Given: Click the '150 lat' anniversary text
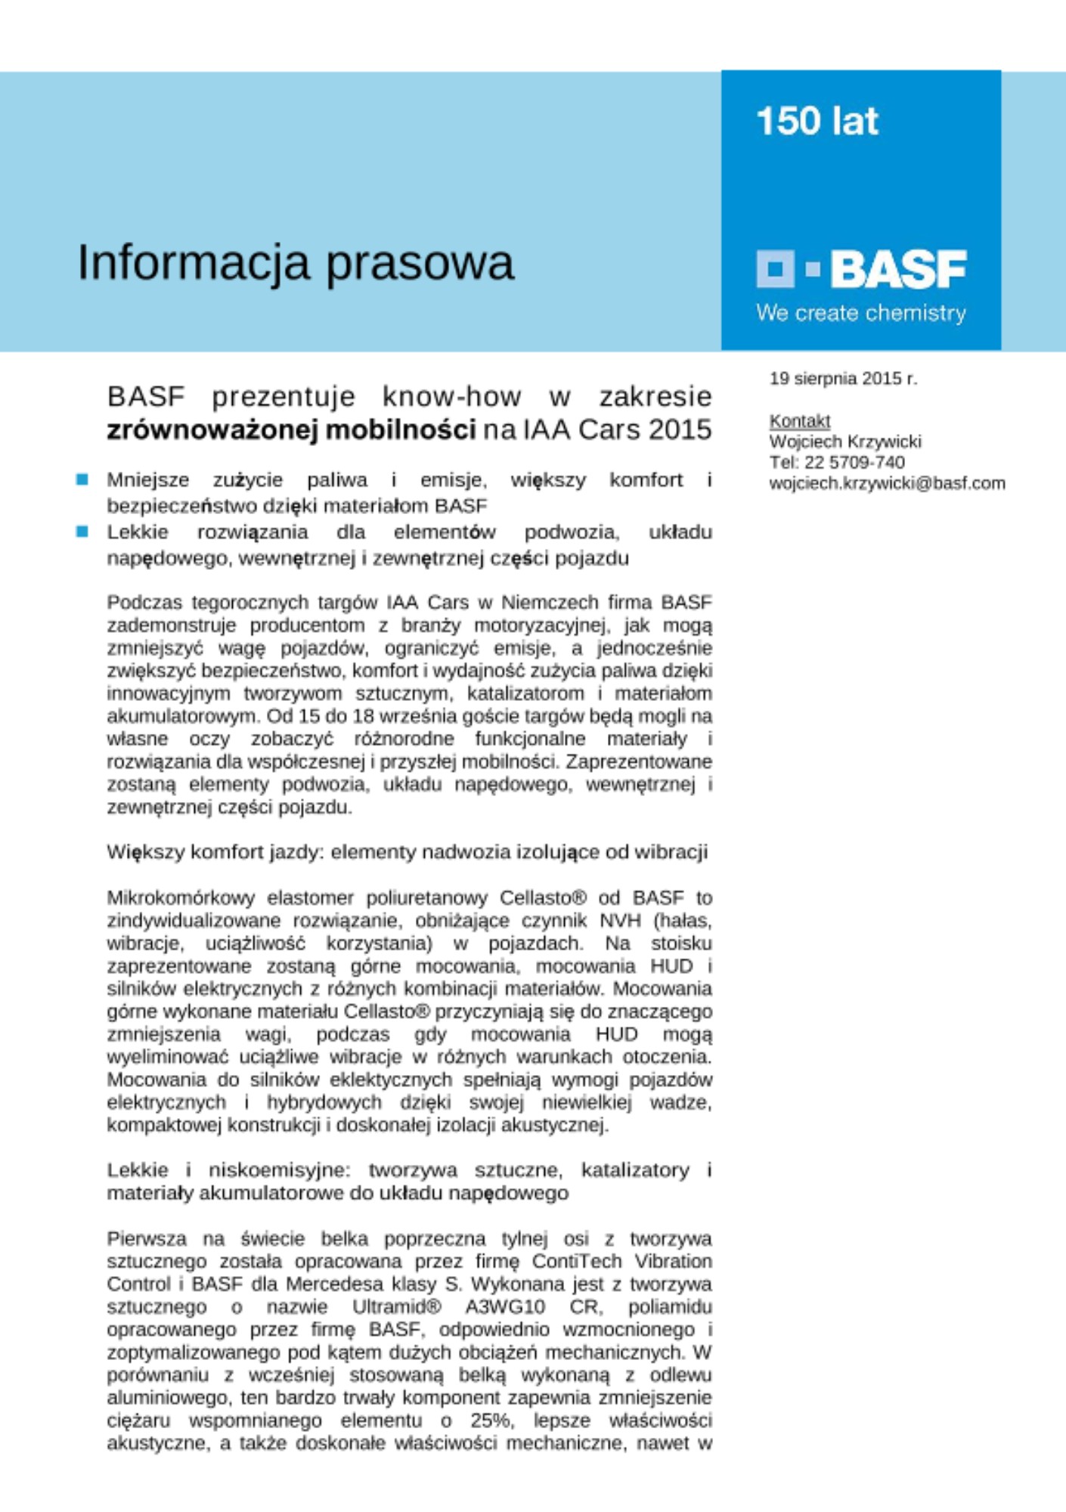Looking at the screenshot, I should point(817,121).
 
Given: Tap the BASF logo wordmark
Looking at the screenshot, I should point(898,269).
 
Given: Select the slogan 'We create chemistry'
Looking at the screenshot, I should point(860,313).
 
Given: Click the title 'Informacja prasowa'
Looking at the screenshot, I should point(296,263).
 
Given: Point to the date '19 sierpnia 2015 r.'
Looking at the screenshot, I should point(843,379).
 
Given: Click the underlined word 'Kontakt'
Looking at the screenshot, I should point(799,421).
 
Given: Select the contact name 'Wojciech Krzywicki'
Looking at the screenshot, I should point(844,442).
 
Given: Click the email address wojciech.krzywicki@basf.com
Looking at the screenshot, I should point(887,483).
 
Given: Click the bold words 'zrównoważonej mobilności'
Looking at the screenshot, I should point(291,429).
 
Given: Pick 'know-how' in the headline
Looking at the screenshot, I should point(451,396).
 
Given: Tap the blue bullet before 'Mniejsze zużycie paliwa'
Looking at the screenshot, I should point(82,479).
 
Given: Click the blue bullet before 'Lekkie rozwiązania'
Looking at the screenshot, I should point(82,531).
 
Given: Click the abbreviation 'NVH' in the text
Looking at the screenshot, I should point(620,921).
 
